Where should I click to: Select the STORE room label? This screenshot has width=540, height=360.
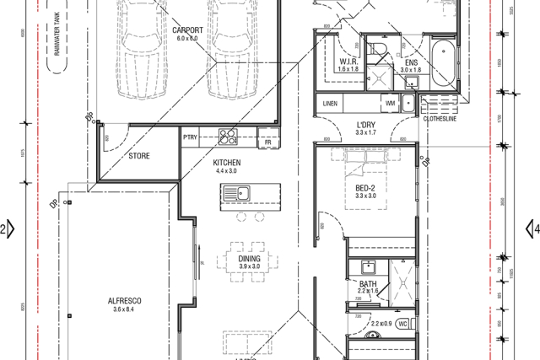pyautogui.click(x=140, y=156)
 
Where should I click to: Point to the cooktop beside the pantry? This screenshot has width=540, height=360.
pyautogui.click(x=228, y=135)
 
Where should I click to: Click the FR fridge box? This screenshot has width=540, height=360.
pyautogui.click(x=267, y=142)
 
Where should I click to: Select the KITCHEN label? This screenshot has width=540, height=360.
pyautogui.click(x=226, y=163)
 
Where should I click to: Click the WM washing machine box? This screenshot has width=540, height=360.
pyautogui.click(x=391, y=103)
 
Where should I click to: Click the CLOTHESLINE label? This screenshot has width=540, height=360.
pyautogui.click(x=439, y=118)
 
